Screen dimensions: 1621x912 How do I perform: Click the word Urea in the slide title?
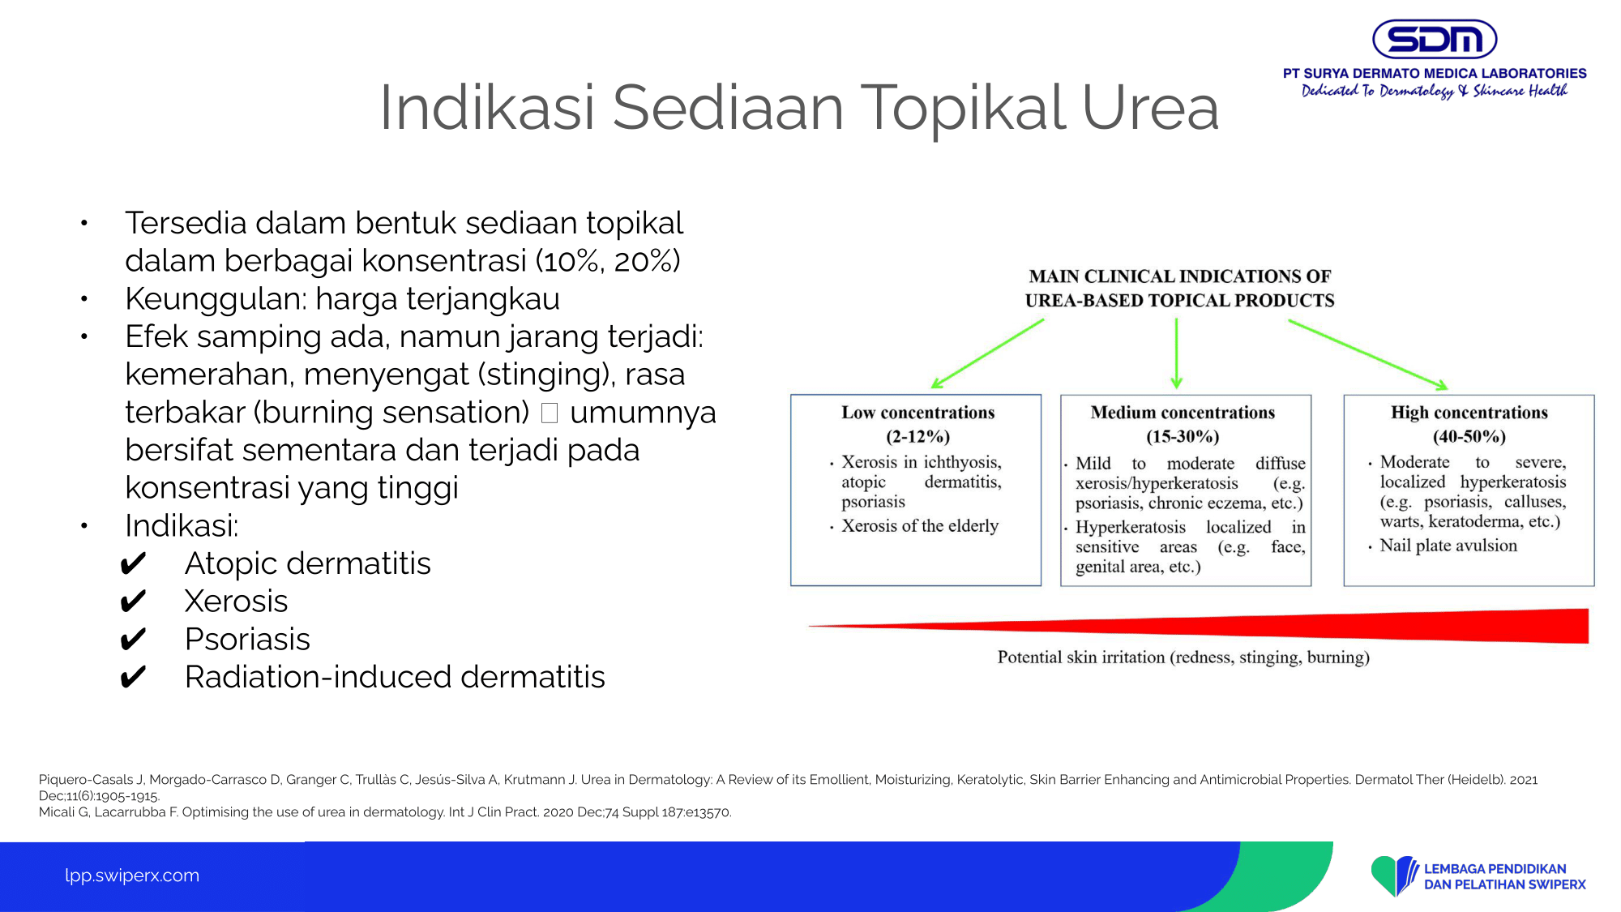tap(1150, 108)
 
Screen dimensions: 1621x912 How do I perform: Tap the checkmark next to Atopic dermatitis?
tap(133, 563)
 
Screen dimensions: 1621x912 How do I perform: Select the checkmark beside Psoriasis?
tap(133, 640)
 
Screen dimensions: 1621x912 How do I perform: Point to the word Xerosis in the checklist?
tap(236, 602)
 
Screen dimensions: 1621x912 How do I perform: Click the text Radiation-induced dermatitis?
tap(395, 677)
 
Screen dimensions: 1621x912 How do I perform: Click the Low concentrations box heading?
tap(917, 413)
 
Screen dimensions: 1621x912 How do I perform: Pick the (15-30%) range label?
tap(1183, 437)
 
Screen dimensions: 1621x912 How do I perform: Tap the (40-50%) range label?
tap(1469, 437)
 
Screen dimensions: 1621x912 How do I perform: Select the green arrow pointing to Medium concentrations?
tap(1176, 353)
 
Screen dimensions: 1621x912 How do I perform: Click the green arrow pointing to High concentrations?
tap(1368, 355)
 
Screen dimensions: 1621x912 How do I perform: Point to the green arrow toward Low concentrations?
tap(987, 354)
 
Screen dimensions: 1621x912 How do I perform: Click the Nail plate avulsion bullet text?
tap(1448, 546)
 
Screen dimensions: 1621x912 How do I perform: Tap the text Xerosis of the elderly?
tap(920, 526)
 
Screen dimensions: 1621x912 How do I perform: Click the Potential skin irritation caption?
tap(1183, 657)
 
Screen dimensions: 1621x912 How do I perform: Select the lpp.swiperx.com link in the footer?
tap(132, 876)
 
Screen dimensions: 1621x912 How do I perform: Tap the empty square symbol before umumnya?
tap(550, 413)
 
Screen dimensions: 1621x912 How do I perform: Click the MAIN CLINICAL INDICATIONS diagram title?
tap(1179, 289)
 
